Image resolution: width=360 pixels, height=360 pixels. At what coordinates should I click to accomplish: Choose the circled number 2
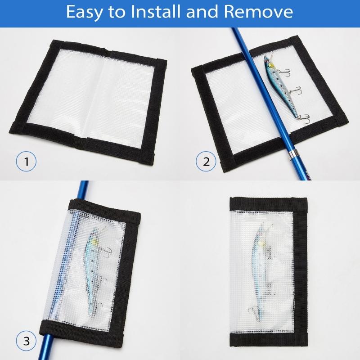(x=206, y=161)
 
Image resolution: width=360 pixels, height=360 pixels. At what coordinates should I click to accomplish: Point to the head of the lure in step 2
(x=268, y=62)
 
